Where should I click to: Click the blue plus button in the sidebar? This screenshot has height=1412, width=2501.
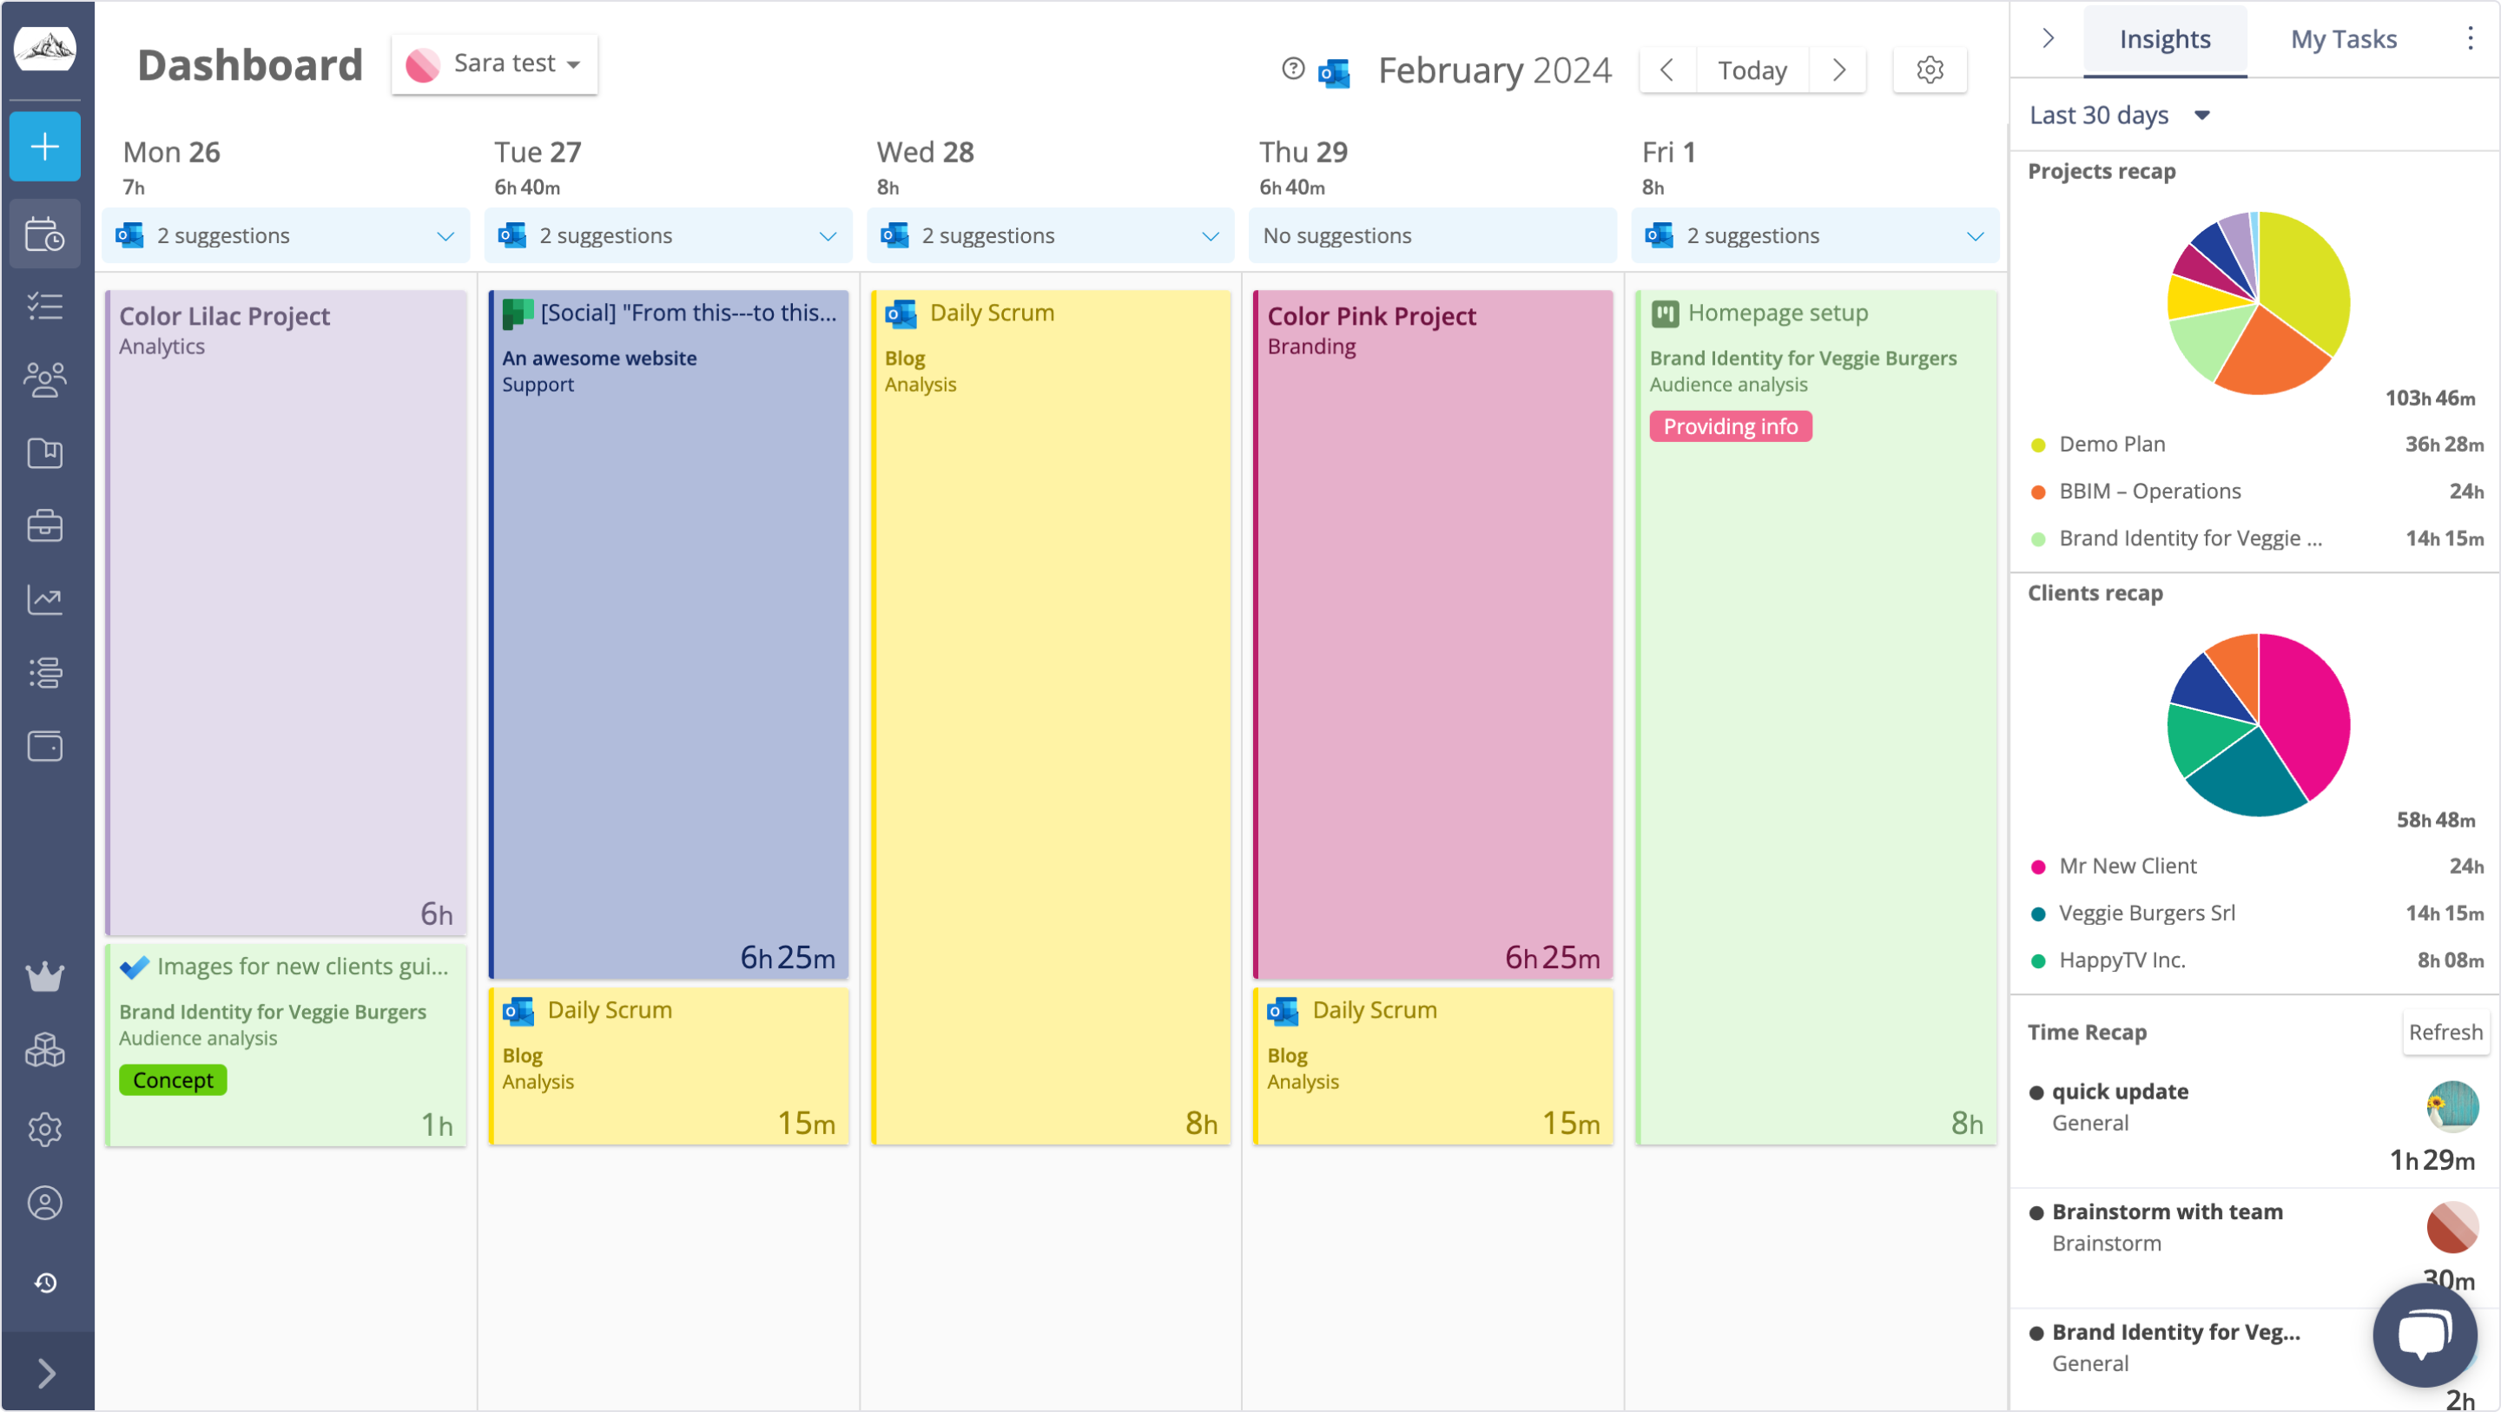[44, 147]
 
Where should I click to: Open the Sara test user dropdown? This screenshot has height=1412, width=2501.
[494, 64]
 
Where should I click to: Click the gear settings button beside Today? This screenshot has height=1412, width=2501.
[1929, 70]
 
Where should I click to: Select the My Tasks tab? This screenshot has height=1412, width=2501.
[2343, 39]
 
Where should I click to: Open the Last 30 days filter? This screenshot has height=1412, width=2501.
[2116, 115]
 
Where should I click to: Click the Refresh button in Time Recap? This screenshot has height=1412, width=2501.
[2444, 1032]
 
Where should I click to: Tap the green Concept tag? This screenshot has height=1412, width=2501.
[173, 1080]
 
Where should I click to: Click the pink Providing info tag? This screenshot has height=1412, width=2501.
[1729, 426]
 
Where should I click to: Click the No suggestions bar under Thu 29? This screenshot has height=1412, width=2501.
[1431, 236]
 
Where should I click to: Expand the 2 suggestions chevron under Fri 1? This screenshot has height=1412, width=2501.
[1974, 236]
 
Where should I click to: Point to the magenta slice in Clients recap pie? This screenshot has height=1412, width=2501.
[2306, 709]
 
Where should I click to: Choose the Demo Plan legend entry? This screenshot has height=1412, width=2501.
[2112, 444]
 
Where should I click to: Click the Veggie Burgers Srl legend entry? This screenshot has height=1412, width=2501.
[2146, 913]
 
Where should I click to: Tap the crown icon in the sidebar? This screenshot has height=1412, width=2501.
[44, 976]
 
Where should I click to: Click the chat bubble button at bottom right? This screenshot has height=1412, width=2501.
[2424, 1336]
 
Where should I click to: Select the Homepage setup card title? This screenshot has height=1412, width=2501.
[1777, 313]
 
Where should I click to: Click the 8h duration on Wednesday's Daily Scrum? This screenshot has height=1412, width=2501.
[1200, 1123]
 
